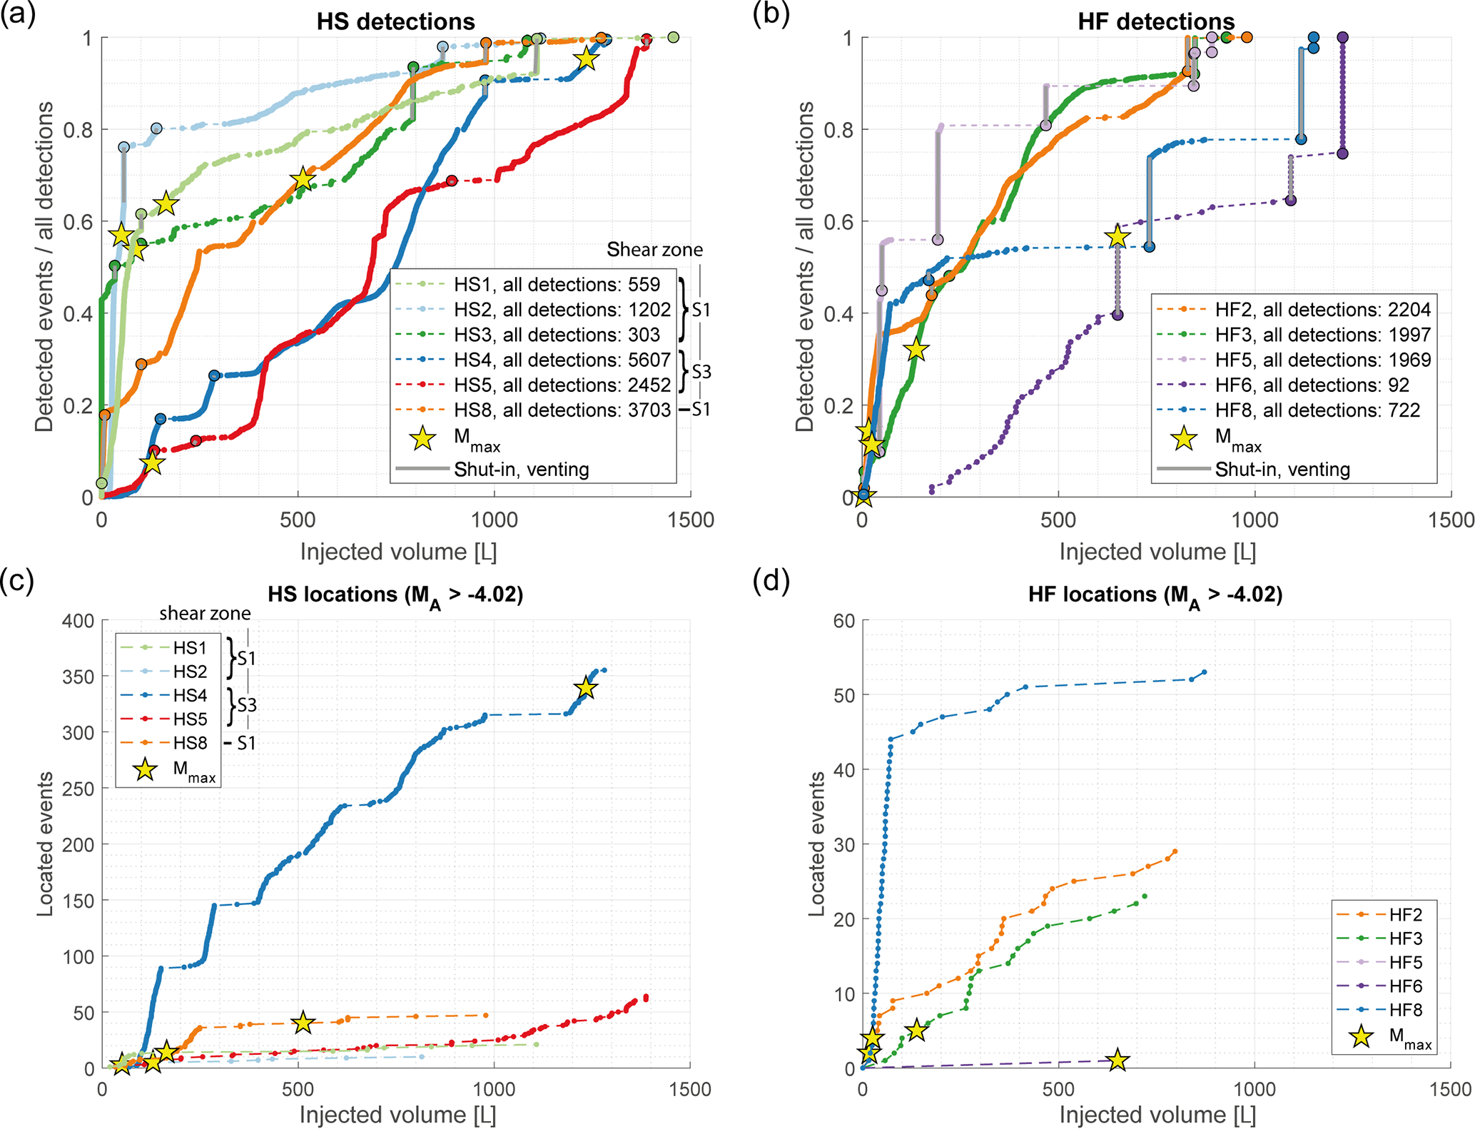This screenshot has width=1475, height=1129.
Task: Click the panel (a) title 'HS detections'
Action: pos(395,21)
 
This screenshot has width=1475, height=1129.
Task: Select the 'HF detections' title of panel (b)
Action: pos(1156,21)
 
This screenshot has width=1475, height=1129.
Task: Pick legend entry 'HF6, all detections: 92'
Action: pos(1312,385)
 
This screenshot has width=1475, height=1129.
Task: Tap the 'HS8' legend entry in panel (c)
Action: pos(190,743)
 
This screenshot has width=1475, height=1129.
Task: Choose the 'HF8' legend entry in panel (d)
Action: pos(1405,1010)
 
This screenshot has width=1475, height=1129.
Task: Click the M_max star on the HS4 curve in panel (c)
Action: pos(586,688)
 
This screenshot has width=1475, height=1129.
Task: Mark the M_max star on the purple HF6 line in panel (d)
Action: pos(1117,1060)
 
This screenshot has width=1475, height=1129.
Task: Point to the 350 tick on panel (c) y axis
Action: pos(78,677)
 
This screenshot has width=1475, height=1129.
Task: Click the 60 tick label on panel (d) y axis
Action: pos(844,621)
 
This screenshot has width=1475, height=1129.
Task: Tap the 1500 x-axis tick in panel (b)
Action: pos(1451,520)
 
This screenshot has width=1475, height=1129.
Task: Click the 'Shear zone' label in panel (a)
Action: pos(654,250)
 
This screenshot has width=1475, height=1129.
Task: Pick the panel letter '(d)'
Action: pos(771,582)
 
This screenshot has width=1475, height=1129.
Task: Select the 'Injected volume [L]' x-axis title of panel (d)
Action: pos(1157,1115)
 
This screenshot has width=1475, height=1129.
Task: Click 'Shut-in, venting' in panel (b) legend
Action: pos(1282,470)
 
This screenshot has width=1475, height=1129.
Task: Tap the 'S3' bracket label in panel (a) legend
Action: pos(701,372)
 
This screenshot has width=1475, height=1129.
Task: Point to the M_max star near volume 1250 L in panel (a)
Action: pos(587,59)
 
